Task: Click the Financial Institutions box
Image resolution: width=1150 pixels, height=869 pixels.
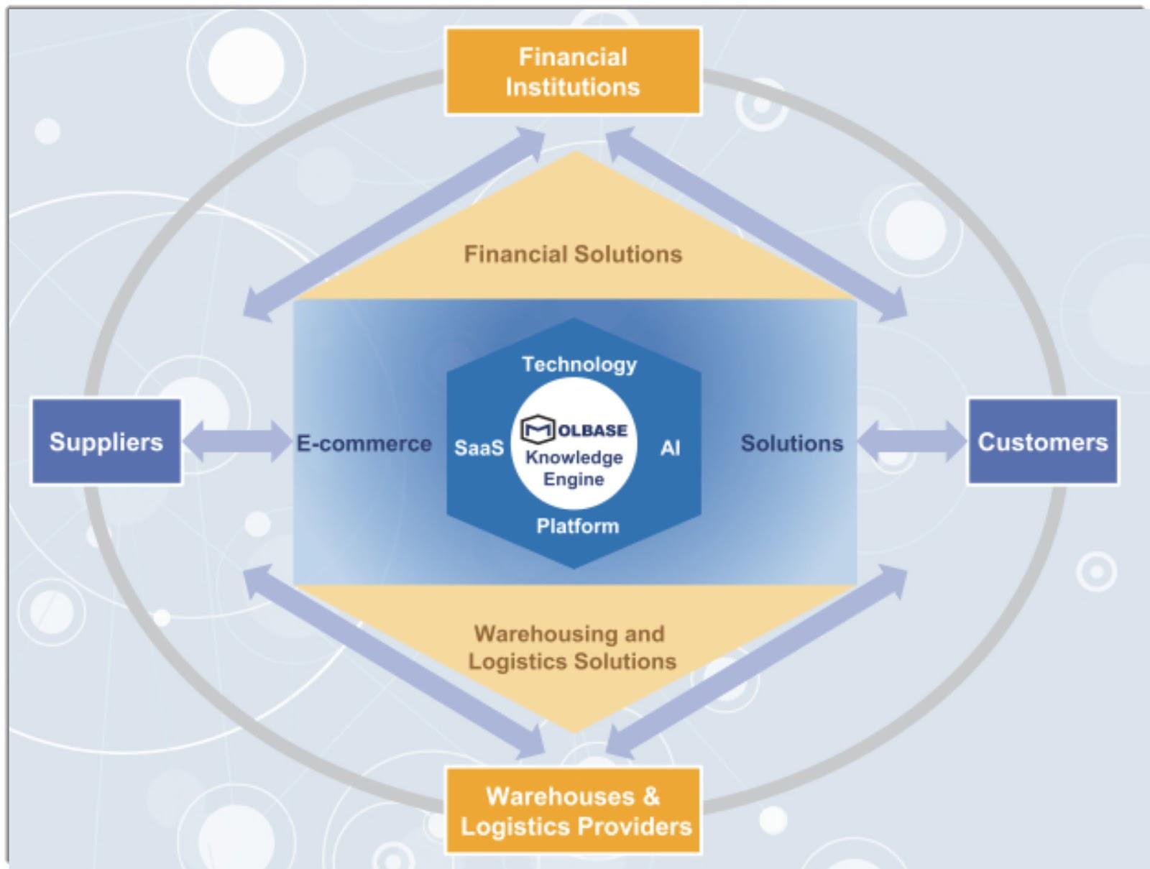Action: point(573,71)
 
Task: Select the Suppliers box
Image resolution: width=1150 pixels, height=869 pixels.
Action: point(106,441)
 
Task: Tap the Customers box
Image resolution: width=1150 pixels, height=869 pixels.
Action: point(1043,441)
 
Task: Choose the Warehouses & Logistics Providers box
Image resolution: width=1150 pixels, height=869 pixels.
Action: point(573,810)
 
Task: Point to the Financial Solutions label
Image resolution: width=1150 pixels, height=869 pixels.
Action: point(573,254)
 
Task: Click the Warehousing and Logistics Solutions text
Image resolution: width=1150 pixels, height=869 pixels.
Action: point(572,648)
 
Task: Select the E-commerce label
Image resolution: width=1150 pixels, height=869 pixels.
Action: point(364,443)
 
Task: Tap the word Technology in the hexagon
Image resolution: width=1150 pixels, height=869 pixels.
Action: point(579,364)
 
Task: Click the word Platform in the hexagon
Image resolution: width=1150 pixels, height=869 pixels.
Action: point(578,526)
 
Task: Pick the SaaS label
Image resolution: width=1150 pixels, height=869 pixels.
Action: point(479,448)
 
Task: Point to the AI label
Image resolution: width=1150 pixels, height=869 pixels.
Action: point(670,448)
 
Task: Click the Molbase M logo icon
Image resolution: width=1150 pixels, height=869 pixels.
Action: point(538,429)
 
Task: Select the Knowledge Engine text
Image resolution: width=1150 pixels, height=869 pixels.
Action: point(574,469)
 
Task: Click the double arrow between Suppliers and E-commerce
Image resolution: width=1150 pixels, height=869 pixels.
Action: point(236,441)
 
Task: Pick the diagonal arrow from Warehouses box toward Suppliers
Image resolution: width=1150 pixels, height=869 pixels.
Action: point(394,661)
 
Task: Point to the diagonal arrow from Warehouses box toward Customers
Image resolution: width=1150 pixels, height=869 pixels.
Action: point(756,661)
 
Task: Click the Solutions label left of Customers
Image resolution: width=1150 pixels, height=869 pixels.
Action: point(792,443)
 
